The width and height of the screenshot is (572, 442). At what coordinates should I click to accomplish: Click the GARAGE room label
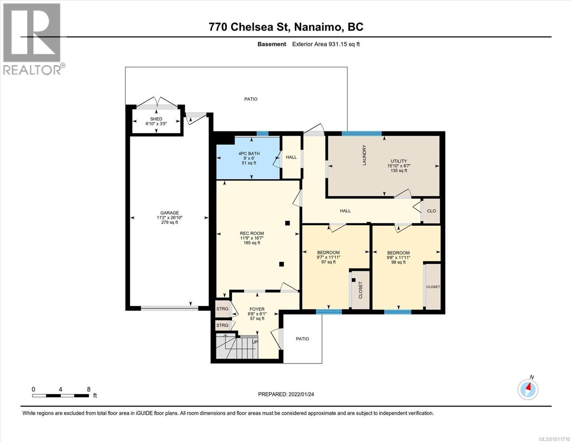(169, 213)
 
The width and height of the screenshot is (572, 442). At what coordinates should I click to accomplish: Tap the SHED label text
(156, 119)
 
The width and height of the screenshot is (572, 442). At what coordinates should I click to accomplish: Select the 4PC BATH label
(249, 154)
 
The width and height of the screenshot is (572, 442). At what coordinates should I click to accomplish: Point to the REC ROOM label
(252, 233)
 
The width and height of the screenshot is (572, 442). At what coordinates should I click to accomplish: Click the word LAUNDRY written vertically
(364, 155)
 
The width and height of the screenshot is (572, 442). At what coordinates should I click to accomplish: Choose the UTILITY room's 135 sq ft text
(399, 171)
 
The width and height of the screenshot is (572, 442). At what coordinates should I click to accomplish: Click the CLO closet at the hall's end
(431, 211)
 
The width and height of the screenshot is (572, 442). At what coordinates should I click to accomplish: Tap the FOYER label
(257, 309)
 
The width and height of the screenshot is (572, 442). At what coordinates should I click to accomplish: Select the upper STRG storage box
(222, 309)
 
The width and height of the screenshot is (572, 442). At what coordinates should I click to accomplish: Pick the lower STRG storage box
(222, 325)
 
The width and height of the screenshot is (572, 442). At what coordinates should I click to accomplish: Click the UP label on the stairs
(255, 342)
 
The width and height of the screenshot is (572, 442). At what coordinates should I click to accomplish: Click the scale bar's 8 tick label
(89, 389)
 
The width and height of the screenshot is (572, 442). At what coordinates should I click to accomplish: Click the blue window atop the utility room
(362, 133)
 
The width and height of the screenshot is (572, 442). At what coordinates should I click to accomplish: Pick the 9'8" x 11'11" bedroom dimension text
(398, 258)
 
